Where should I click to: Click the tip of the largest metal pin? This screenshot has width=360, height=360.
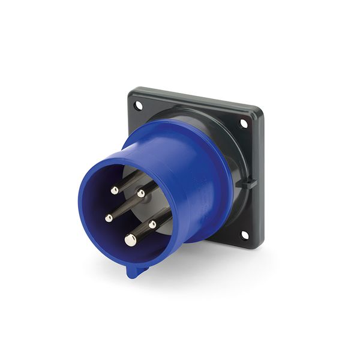point(130,240)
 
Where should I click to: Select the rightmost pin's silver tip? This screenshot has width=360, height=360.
point(152,224)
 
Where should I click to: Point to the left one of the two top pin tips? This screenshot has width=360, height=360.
point(114,190)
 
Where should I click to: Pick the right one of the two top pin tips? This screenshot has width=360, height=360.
point(141,193)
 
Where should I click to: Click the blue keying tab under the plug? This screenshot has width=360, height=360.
point(135,271)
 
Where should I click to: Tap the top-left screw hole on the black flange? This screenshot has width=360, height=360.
point(139,106)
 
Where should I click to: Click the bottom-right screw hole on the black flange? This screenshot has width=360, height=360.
point(245,235)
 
